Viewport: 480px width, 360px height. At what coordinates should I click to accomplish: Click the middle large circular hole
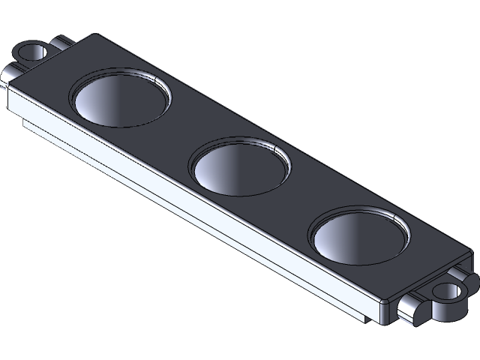240,168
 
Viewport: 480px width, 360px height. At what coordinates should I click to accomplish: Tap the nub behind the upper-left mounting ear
63,40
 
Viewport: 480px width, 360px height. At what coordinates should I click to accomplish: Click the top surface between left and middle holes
180,131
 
